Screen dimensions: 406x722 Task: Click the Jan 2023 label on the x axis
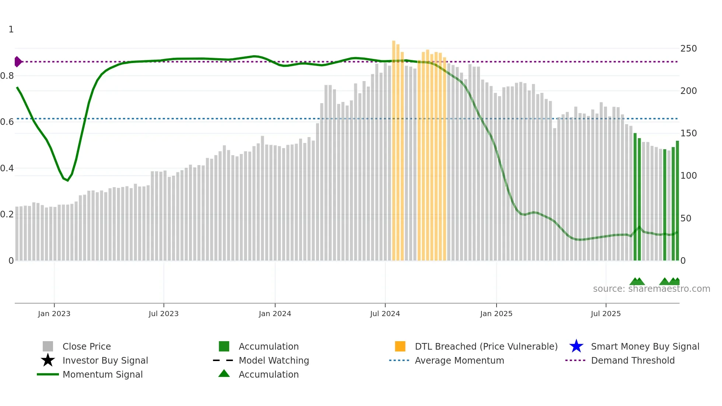pos(54,314)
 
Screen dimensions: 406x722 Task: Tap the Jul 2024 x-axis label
pos(385,314)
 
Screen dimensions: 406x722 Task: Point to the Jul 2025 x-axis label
pos(606,314)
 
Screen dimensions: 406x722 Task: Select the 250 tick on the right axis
pos(688,49)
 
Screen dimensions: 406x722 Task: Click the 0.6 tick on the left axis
pos(7,122)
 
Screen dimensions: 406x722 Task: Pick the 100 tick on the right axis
pos(688,176)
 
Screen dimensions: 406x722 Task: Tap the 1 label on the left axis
pos(11,29)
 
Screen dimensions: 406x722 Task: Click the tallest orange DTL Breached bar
pos(393,147)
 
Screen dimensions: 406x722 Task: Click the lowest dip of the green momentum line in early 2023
pos(67,180)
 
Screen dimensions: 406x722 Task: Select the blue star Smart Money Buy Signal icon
pos(576,346)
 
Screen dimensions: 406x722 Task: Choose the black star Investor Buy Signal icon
pos(48,360)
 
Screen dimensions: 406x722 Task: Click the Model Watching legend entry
pos(274,360)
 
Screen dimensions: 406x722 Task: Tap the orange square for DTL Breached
pos(400,346)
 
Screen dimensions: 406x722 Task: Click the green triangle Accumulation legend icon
pos(224,374)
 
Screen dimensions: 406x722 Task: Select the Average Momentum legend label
pos(459,360)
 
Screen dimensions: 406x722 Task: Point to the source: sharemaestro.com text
pos(651,289)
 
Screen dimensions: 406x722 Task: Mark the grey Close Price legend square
pos(48,346)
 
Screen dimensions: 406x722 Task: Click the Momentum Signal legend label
pos(102,374)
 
